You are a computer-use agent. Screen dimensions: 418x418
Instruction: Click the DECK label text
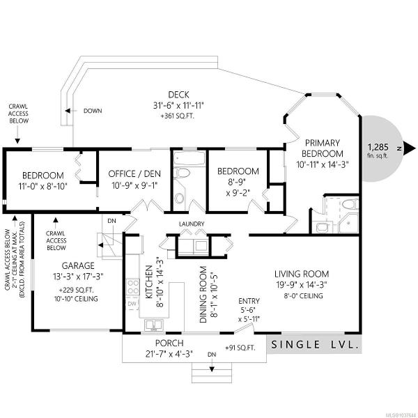(178, 95)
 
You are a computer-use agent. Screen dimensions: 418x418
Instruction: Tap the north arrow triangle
(409, 148)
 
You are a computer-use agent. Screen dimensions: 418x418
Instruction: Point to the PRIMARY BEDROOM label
(323, 148)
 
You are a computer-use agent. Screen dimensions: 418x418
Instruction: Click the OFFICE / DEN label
(134, 173)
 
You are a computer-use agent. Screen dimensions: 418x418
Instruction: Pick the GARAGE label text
(78, 265)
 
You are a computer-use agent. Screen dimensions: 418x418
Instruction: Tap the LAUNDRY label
(192, 224)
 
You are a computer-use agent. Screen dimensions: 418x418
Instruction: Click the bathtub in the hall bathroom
(189, 158)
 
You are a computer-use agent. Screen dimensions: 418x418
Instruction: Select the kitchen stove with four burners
(133, 286)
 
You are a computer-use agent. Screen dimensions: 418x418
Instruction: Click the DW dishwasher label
(132, 304)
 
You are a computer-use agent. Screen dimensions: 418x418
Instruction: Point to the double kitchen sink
(154, 325)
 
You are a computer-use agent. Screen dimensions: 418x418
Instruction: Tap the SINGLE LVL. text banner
(314, 345)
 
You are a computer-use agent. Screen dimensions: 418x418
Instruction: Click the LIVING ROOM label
(302, 274)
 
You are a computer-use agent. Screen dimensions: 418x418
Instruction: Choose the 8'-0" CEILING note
(304, 296)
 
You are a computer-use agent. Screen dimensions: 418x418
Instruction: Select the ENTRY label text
(249, 301)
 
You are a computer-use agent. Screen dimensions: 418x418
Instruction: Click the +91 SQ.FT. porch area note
(240, 348)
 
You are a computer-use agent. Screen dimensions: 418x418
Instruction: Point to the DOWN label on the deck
(93, 111)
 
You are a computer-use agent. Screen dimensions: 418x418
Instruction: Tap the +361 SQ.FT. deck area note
(178, 116)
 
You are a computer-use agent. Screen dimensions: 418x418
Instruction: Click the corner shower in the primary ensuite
(348, 222)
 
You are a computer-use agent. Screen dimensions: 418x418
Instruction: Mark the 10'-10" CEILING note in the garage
(76, 299)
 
